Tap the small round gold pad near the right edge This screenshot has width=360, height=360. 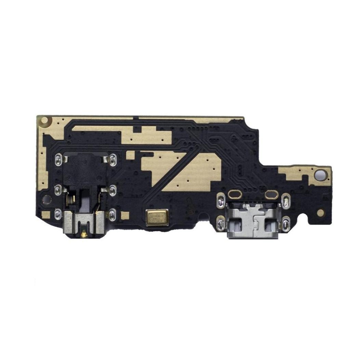[x=320, y=213]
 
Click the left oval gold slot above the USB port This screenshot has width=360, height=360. [x=236, y=194]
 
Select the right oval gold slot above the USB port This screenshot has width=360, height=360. [x=271, y=194]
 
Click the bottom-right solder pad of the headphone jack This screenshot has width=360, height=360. [x=112, y=214]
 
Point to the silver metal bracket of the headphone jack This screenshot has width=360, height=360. [x=84, y=223]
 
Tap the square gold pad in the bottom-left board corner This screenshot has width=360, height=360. [x=46, y=215]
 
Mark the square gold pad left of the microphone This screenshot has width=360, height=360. [x=125, y=215]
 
